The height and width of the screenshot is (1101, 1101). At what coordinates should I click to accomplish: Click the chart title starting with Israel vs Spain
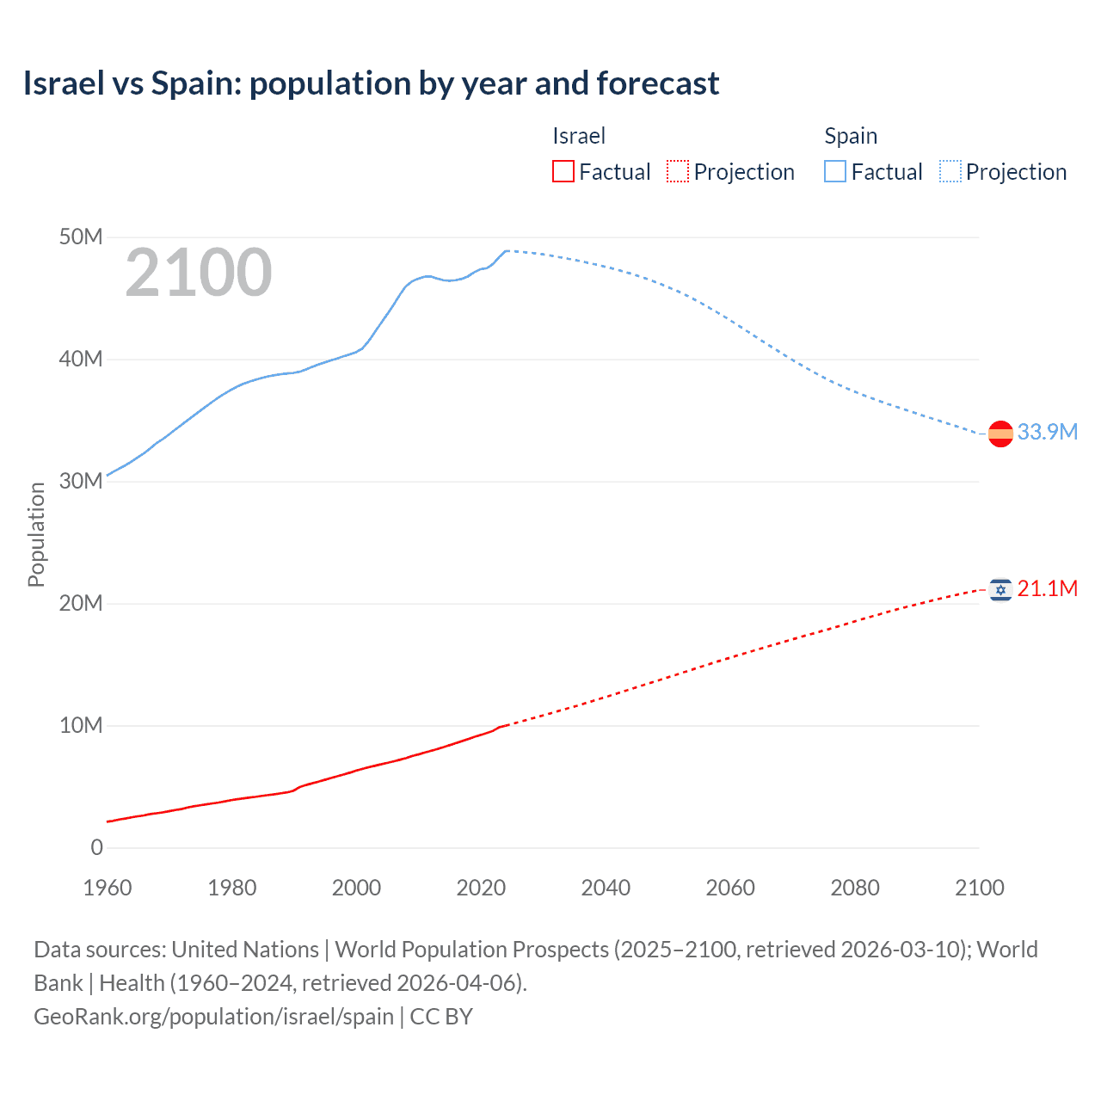point(371,83)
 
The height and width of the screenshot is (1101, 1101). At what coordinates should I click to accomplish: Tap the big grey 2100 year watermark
point(199,273)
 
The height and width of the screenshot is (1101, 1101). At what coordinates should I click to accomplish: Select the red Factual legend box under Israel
point(563,171)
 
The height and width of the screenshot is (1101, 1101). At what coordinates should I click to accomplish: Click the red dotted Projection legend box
point(678,171)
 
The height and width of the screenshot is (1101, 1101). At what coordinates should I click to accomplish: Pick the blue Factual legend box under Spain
point(834,171)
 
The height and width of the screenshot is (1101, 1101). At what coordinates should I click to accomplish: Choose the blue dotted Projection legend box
point(950,171)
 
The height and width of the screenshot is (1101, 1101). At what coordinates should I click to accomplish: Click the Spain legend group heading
point(851,136)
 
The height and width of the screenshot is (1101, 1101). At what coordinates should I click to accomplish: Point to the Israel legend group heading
point(579,136)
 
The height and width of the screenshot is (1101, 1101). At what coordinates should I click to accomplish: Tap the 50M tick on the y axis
point(81,237)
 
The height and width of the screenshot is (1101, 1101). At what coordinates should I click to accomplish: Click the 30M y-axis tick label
point(81,481)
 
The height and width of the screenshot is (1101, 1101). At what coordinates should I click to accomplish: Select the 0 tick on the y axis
point(96,847)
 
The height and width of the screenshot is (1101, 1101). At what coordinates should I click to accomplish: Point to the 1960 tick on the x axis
point(108,888)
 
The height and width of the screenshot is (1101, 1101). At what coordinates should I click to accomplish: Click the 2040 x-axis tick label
point(606,888)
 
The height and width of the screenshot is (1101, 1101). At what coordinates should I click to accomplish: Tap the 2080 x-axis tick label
point(855,888)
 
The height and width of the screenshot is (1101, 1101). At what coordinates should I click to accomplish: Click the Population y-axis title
point(36,534)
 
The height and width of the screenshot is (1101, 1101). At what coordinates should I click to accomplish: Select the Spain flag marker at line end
point(1000,434)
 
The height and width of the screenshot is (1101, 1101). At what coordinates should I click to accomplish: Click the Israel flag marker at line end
point(1000,589)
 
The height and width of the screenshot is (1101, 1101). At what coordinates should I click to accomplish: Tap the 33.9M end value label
point(1047,432)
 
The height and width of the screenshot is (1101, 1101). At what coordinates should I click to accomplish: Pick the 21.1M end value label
point(1047,588)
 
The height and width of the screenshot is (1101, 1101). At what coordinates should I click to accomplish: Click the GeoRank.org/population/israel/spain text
point(213,1016)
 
